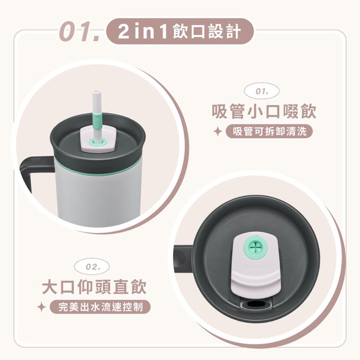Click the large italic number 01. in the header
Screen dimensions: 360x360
79,31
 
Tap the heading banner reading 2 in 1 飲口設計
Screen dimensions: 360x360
180,31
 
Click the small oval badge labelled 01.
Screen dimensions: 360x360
262,92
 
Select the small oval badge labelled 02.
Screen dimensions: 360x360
92,267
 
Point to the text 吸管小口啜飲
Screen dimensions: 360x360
264,112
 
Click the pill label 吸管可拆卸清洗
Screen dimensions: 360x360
269,131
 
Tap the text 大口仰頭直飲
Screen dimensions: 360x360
94,287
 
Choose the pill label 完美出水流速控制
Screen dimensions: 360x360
101,307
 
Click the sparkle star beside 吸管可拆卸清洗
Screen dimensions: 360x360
218,132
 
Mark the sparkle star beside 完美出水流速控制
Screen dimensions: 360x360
41,307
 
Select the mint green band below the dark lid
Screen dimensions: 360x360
97,170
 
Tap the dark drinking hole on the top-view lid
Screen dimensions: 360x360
255,304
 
